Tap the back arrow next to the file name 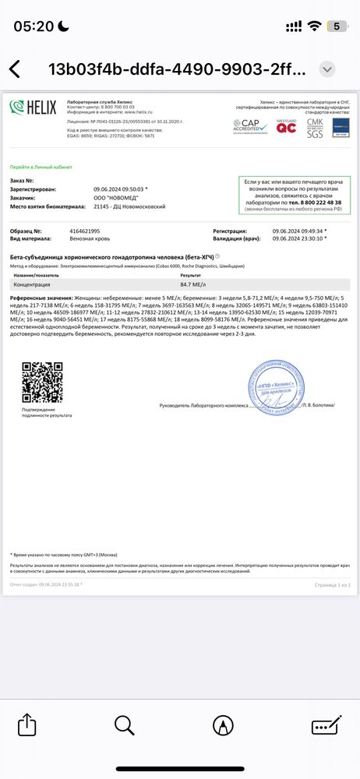(x=15, y=68)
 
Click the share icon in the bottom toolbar (x=26, y=725)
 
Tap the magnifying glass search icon (x=124, y=725)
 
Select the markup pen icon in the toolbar (x=223, y=725)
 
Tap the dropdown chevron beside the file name (x=328, y=68)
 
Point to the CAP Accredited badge (x=249, y=125)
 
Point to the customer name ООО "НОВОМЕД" (x=111, y=197)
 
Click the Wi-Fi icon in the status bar (x=314, y=26)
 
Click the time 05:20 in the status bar (x=34, y=26)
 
